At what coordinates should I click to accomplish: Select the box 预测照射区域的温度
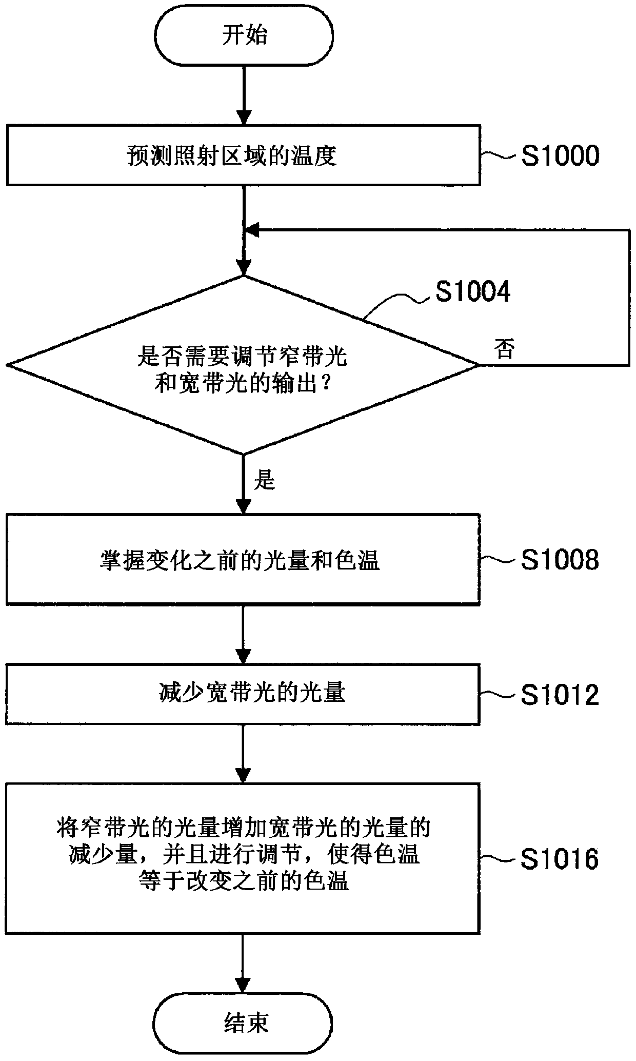[x=243, y=154]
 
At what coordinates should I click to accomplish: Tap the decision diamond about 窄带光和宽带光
[x=243, y=365]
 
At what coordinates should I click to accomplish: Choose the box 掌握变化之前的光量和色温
[x=243, y=559]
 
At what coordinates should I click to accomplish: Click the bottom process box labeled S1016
[x=243, y=858]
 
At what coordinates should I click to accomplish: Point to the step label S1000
[x=560, y=155]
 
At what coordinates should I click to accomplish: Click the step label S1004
[x=473, y=292]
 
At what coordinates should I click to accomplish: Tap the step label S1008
[x=560, y=560]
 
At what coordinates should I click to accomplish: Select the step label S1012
[x=560, y=695]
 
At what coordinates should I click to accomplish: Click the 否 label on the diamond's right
[x=505, y=349]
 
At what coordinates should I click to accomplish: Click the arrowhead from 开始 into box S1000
[x=243, y=117]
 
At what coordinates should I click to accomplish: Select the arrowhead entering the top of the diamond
[x=243, y=268]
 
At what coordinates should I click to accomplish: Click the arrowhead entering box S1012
[x=243, y=657]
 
